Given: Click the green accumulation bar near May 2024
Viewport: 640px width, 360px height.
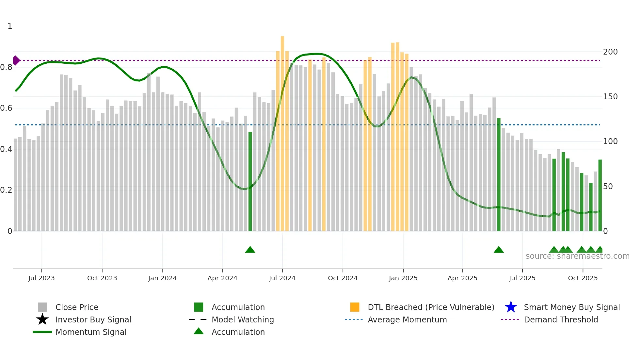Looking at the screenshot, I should pos(250,181).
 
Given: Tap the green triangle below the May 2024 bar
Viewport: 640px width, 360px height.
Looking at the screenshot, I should pos(250,250).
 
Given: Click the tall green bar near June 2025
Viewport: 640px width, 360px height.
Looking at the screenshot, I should pos(499,175).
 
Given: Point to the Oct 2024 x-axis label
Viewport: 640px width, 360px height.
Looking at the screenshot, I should pos(343,278).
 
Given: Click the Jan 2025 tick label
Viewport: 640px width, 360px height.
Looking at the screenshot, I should pos(403,278).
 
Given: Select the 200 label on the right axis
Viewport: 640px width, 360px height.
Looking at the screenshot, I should pos(610,52).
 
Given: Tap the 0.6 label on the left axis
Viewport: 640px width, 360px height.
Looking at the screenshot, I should pos(6,108).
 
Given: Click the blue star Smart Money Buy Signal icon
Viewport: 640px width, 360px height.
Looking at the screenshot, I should pos(511,307).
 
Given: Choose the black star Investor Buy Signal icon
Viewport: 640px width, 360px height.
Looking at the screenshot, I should pos(42,319).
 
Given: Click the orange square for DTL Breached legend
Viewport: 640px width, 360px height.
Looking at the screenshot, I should pos(355,307).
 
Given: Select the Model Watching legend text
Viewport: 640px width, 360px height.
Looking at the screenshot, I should pos(243,319).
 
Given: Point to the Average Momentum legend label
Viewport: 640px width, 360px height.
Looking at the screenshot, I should pos(407,319).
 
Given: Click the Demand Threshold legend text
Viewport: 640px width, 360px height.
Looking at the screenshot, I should pos(561,319).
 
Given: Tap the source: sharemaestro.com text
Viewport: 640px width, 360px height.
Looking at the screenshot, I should pos(577,256).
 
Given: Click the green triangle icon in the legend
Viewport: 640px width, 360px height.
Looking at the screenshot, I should pos(199,331).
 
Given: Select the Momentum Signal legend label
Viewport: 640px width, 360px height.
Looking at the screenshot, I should pos(91,332).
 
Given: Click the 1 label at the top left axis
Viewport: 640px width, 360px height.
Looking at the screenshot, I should pos(10,26).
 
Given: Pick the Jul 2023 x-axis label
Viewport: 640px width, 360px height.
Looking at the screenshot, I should pos(41,278).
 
